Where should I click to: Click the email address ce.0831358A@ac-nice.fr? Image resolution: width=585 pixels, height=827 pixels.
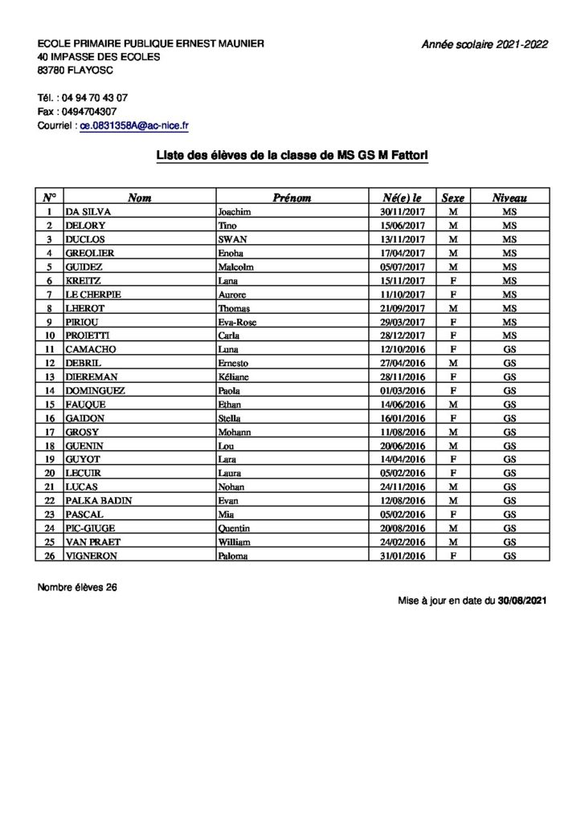point(134,126)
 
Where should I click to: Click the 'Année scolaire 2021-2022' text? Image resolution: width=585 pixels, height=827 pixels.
point(485,45)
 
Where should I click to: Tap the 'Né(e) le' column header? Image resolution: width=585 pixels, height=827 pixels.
point(403,198)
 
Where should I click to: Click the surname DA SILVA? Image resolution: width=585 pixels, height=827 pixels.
point(88,212)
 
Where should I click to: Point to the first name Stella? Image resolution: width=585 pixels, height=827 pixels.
point(231,418)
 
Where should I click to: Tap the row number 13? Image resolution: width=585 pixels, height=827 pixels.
point(50,377)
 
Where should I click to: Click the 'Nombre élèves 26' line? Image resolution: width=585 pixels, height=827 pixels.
point(77,587)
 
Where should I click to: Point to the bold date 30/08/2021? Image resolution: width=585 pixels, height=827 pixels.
point(522,601)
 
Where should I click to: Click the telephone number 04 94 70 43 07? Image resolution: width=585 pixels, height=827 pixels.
point(95,97)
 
